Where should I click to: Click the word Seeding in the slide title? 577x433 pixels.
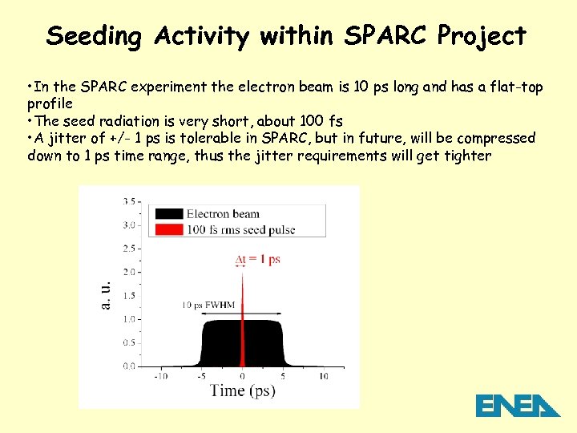[95, 36]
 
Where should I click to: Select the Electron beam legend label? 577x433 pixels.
[223, 213]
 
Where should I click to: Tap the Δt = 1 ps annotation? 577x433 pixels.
[257, 259]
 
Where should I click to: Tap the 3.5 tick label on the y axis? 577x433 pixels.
[128, 201]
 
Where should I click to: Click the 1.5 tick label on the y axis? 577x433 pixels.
[128, 296]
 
